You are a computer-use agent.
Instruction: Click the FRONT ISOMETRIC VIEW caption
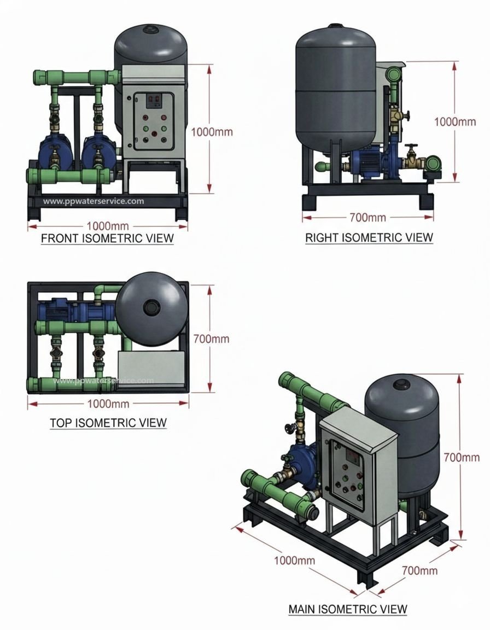coord(107,238)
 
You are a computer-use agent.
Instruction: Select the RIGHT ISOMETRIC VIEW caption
coord(369,237)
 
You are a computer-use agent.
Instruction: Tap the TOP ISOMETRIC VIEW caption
coord(108,423)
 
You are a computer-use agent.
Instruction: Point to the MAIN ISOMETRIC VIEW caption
coord(347,609)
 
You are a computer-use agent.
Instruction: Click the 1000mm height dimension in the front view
coord(212,132)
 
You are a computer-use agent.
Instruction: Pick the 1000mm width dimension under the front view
coord(108,225)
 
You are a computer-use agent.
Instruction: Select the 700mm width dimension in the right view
coord(367,218)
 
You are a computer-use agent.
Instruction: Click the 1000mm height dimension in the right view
coord(455,121)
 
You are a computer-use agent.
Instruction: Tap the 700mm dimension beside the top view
coord(211,339)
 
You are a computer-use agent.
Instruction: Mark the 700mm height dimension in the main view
coord(462,457)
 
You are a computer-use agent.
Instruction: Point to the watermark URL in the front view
coord(94,201)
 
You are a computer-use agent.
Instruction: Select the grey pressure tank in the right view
coord(335,87)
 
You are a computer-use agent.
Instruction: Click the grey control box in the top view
coord(151,367)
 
